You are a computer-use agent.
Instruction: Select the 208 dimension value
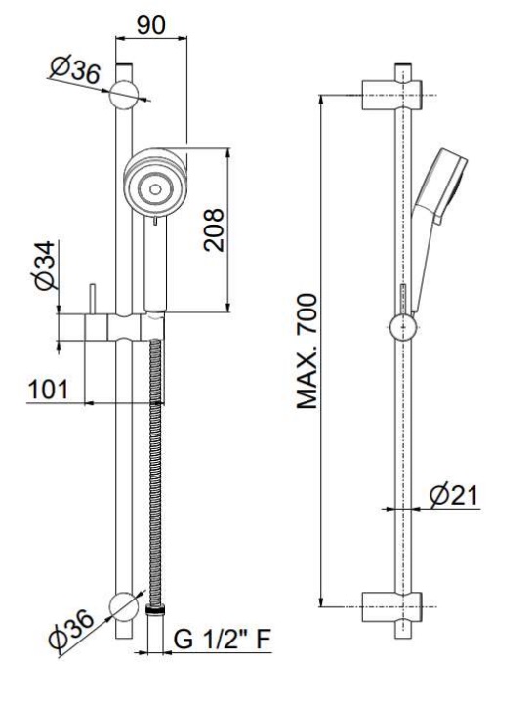pos(214,229)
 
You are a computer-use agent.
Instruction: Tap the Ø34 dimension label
pos(45,266)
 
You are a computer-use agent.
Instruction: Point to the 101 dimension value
pos(49,390)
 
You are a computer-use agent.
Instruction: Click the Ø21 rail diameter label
pos(454,495)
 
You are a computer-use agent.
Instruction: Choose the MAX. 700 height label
pos(307,352)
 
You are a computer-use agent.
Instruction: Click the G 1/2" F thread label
pos(223,639)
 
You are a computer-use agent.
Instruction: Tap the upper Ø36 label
pos(75,70)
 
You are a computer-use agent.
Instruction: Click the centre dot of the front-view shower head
pos(155,189)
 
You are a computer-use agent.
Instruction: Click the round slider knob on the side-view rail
pos(403,328)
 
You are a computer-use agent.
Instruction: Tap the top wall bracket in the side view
pos(392,95)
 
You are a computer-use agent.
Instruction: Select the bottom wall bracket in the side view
pos(392,607)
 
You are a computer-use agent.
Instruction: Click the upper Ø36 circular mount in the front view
pos(124,95)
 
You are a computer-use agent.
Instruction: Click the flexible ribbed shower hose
pos(155,472)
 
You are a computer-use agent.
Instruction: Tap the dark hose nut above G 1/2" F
pos(155,608)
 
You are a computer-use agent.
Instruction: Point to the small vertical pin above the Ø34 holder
pos(93,299)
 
